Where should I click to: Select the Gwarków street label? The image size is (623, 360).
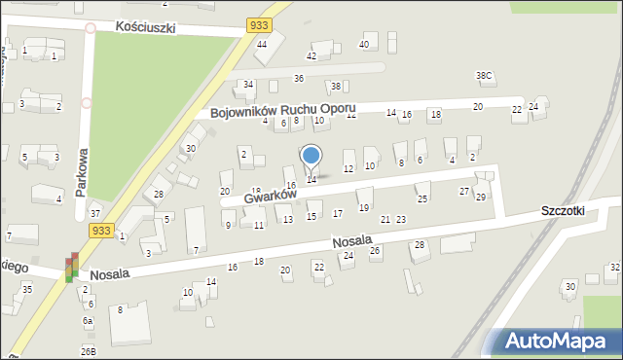tap(270, 197)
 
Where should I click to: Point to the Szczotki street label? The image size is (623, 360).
tap(565, 211)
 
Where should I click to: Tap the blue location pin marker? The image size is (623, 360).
tap(311, 156)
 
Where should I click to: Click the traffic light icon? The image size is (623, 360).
tap(71, 269)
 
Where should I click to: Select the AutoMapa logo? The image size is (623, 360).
tap(559, 341)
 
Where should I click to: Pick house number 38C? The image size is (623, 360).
tap(484, 76)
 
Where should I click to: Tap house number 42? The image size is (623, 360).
tap(311, 56)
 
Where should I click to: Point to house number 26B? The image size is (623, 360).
tap(89, 351)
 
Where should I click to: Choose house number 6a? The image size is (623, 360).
tap(88, 321)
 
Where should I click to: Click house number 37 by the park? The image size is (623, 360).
tap(94, 213)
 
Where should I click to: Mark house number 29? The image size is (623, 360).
tap(480, 198)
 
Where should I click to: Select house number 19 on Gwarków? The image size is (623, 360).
tap(363, 207)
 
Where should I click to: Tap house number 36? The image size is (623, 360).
tap(299, 78)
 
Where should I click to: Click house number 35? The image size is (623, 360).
tap(27, 289)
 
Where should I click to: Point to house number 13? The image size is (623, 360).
tap(288, 220)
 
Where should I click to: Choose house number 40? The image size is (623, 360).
tap(364, 45)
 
